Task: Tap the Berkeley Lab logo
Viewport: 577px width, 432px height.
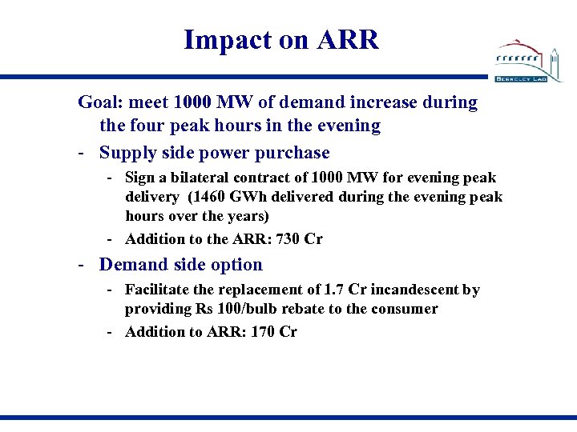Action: tap(529, 59)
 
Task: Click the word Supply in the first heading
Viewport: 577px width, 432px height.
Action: tap(126, 152)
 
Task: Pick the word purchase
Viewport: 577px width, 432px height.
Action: tap(294, 152)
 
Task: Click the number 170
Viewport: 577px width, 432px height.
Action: tap(263, 331)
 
